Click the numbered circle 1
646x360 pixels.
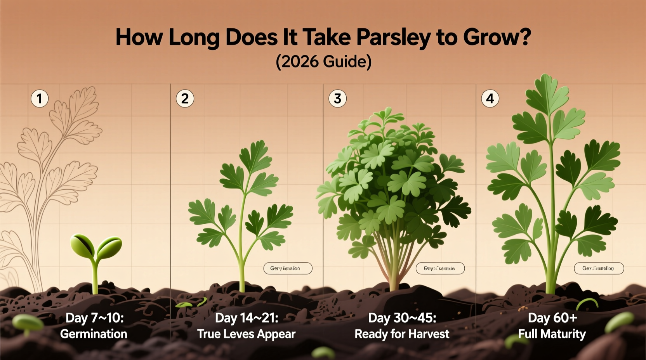coord(40,99)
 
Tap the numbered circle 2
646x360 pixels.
coord(185,99)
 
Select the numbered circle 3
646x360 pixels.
coord(337,99)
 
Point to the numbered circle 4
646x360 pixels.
coord(490,99)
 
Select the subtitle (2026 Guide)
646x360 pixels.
coord(323,62)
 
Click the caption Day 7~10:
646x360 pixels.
coord(94,318)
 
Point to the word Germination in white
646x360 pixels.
coord(94,334)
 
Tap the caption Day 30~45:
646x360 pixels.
coord(402,318)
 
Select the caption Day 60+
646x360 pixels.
coord(552,318)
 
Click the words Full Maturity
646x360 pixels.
coord(552,334)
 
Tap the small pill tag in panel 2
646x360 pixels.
coord(288,268)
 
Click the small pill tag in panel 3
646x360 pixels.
coord(440,268)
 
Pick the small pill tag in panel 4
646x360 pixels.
coord(599,268)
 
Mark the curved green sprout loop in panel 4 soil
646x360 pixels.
coord(587,303)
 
